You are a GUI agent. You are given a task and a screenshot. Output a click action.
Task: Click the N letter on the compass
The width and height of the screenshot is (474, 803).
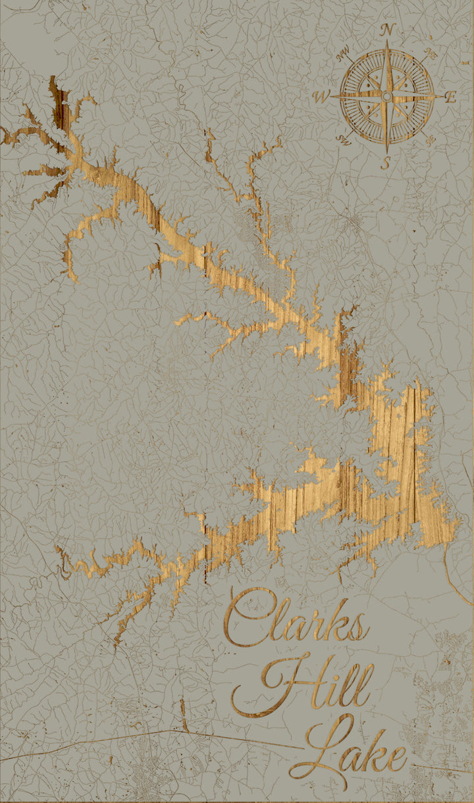point(388,30)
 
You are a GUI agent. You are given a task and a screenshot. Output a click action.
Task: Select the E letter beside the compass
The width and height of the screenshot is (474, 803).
point(451,97)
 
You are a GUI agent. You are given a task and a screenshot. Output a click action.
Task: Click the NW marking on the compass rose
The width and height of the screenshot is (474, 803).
point(343,57)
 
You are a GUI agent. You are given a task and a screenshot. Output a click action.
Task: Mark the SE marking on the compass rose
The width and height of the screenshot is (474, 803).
point(430,140)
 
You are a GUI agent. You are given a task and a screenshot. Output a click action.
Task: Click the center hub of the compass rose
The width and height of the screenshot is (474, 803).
point(387,97)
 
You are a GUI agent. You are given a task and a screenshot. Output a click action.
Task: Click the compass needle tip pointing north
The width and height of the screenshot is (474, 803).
point(387,43)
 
